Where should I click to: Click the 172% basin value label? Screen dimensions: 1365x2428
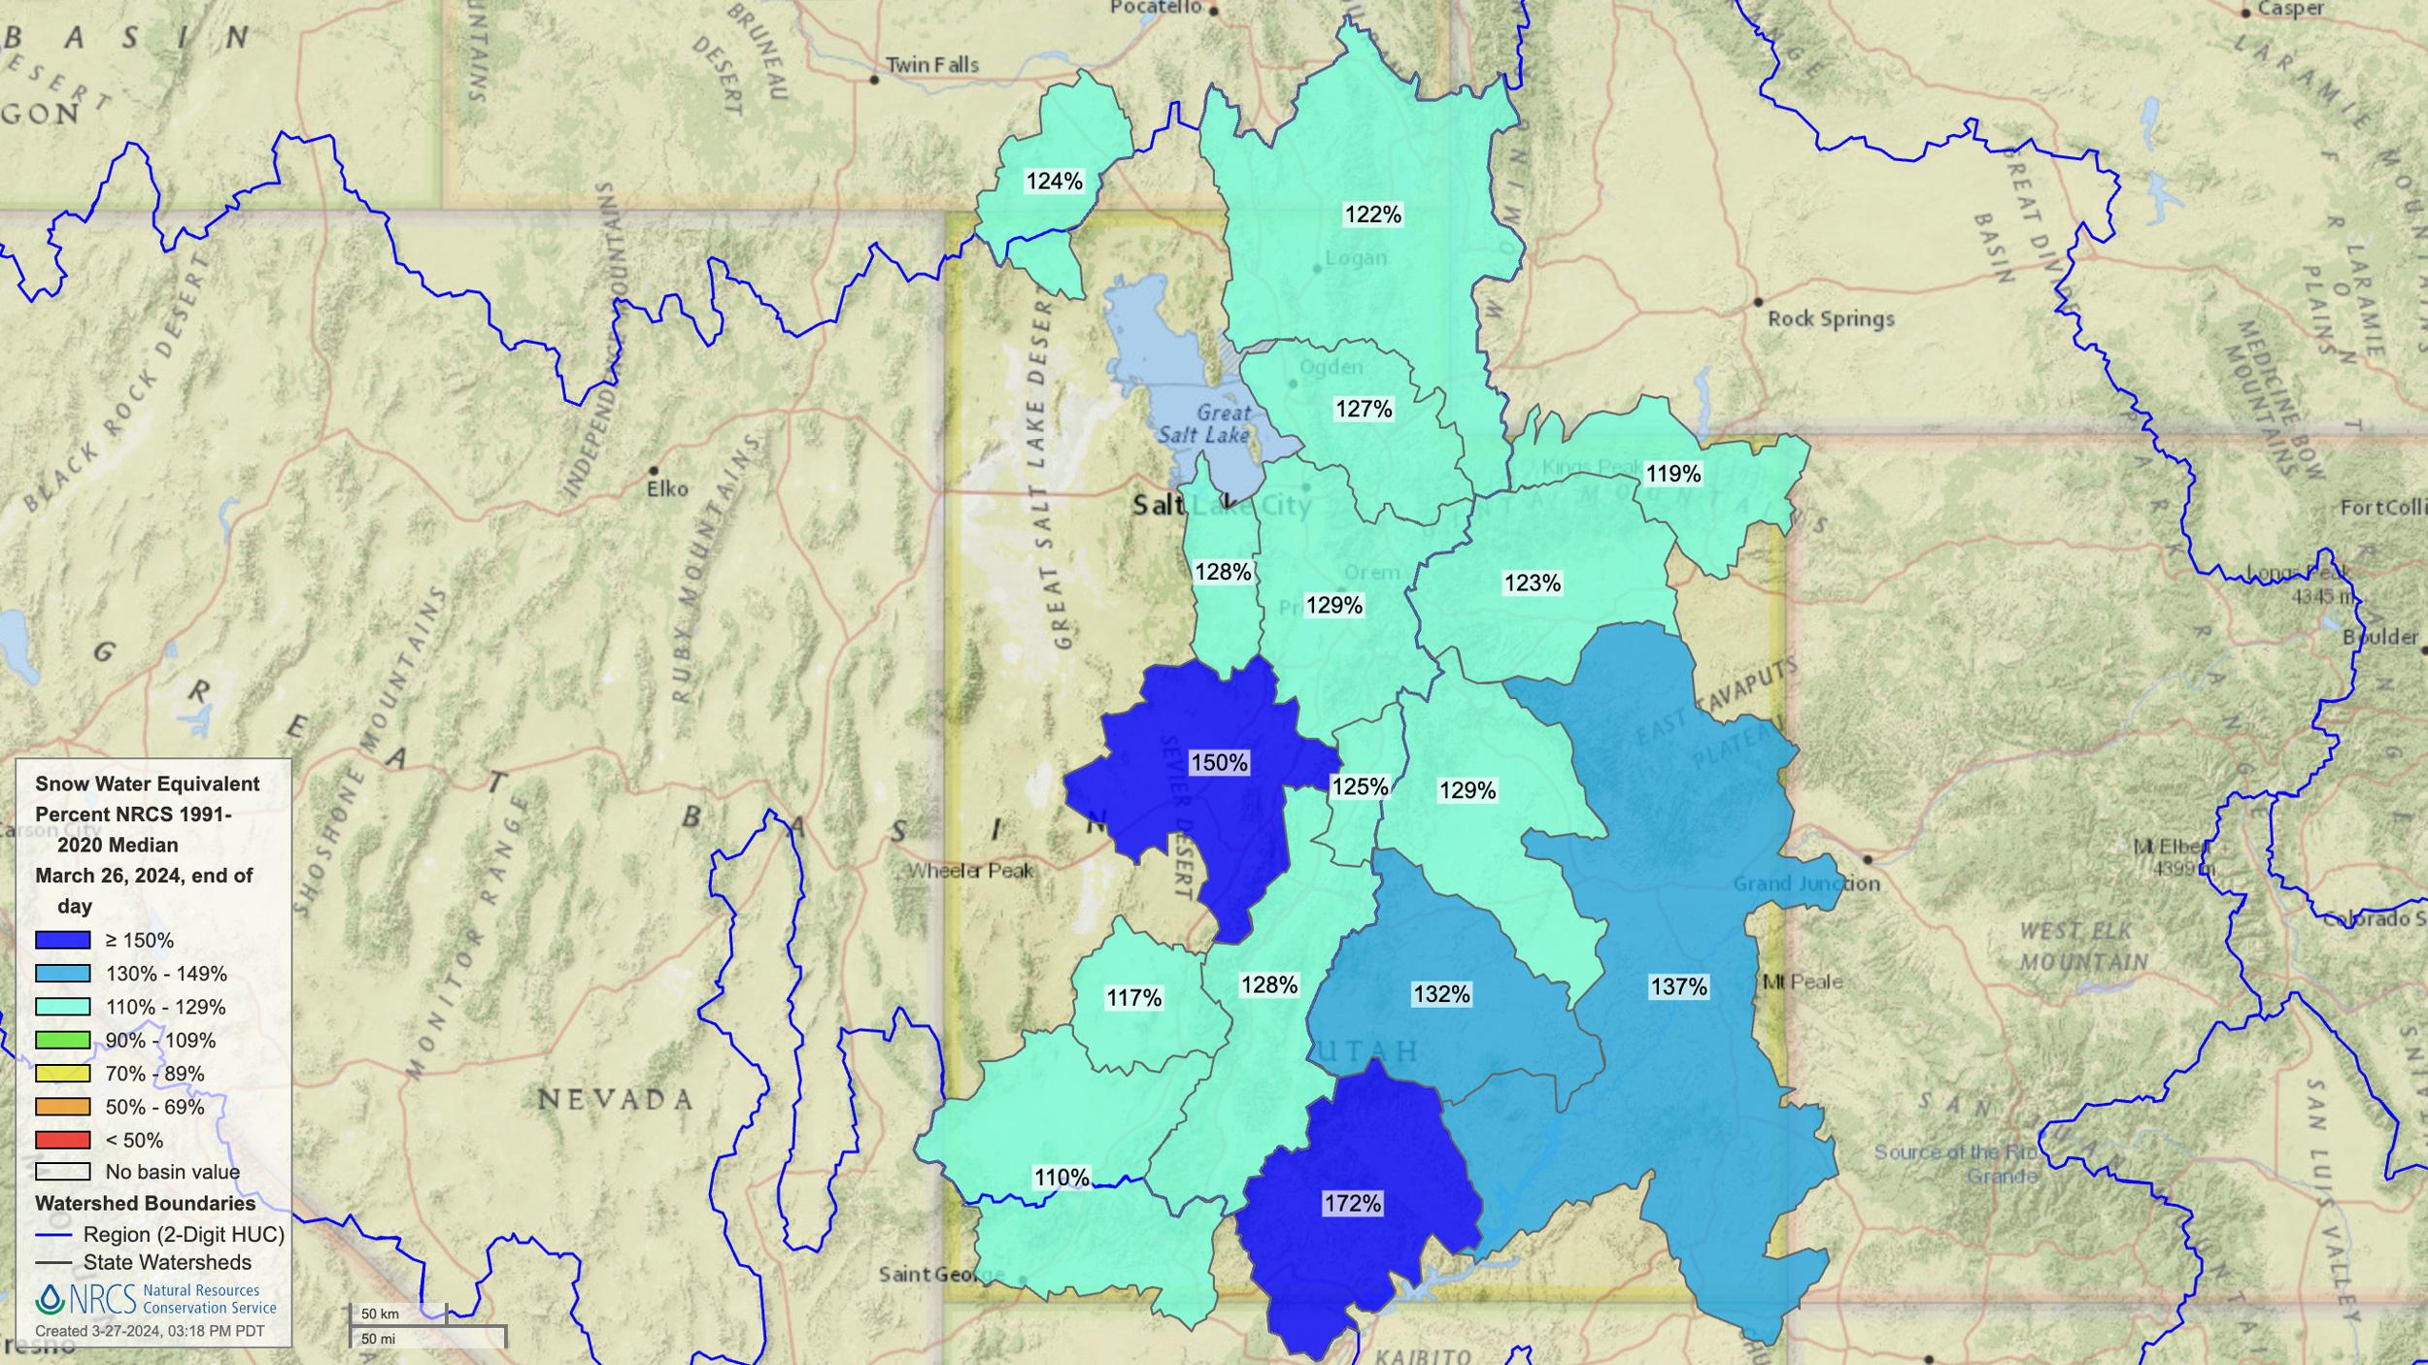(1352, 1204)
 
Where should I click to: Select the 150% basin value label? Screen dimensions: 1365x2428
(1219, 763)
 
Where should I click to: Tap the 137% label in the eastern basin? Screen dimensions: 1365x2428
(1678, 987)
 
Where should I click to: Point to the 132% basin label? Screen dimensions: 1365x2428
(1441, 994)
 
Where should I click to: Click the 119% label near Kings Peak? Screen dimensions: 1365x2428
(1673, 474)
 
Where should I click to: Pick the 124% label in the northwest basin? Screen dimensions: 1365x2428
(1054, 182)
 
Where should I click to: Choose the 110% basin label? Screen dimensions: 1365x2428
(1062, 1178)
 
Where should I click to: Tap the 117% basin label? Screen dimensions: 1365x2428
(1133, 998)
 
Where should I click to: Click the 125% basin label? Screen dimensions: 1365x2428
(1360, 787)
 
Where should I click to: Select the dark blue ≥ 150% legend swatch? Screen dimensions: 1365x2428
(63, 940)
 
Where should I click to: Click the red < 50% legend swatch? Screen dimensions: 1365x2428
(63, 1140)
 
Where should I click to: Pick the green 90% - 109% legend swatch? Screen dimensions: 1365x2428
(63, 1040)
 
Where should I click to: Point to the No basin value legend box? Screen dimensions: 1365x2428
(63, 1172)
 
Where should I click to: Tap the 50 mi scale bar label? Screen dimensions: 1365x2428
(378, 1339)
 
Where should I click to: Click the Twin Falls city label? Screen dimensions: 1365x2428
(931, 65)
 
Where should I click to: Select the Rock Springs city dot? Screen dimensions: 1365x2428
(1758, 302)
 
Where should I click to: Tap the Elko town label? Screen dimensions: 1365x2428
(667, 489)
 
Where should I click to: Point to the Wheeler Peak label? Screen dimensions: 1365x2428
(970, 871)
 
